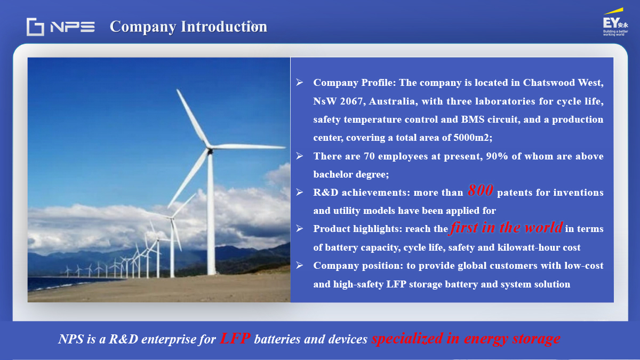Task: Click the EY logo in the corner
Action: tap(615, 22)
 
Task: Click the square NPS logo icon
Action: tap(35, 27)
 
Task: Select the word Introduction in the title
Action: tap(224, 27)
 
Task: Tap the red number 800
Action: tap(481, 190)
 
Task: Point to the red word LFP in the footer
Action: tap(235, 338)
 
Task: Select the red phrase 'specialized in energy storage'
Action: tap(466, 339)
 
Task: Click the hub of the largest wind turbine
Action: tap(210, 150)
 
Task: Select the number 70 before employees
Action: tap(369, 156)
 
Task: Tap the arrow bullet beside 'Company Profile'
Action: tap(299, 82)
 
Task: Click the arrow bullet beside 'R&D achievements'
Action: tap(299, 192)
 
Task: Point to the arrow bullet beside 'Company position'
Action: tap(299, 265)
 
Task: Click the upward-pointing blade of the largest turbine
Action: tap(194, 118)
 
